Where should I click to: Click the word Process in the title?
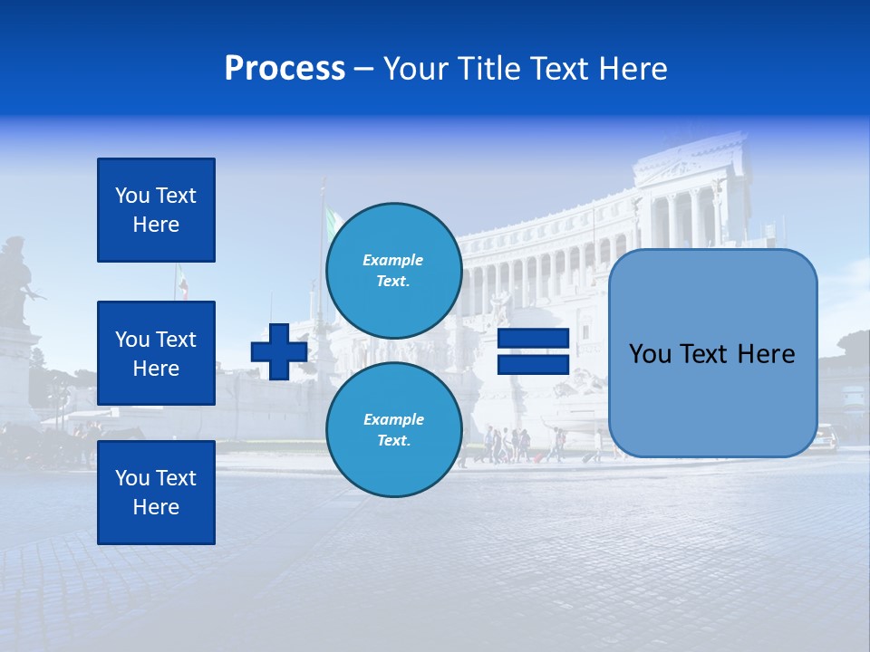[285, 69]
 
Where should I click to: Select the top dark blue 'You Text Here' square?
[156, 210]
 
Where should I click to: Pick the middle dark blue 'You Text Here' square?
[156, 353]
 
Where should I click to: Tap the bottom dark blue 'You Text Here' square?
[156, 492]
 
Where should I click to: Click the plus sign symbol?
[279, 351]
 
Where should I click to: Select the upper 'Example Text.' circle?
[393, 271]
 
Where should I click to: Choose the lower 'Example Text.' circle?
[393, 430]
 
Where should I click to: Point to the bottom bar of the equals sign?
[534, 365]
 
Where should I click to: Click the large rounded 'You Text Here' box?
[712, 353]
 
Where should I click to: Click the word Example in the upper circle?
[393, 260]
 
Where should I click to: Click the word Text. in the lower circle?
[393, 441]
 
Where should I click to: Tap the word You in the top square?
[132, 196]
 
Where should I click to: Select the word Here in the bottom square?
[156, 507]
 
